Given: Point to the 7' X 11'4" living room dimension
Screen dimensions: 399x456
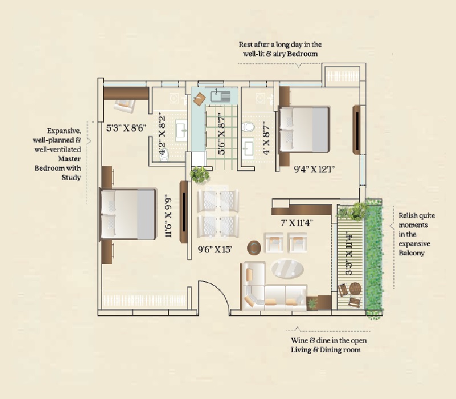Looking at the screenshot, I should click(x=295, y=223).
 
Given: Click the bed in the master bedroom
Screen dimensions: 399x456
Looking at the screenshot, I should click(x=128, y=214).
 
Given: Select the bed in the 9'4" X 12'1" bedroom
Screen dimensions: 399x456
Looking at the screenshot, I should click(x=303, y=129).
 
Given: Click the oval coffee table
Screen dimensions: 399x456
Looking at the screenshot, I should click(x=287, y=268).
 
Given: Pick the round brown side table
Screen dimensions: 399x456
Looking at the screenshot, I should click(x=254, y=247).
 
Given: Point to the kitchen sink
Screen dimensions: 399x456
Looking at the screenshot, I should click(x=220, y=96).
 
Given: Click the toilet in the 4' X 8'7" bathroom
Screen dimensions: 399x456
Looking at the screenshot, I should click(x=249, y=127).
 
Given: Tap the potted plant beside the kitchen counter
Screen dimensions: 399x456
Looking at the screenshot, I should click(x=199, y=174).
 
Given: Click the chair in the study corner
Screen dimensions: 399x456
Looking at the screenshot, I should click(x=124, y=104).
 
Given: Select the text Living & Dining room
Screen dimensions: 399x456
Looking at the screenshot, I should click(x=325, y=350).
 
